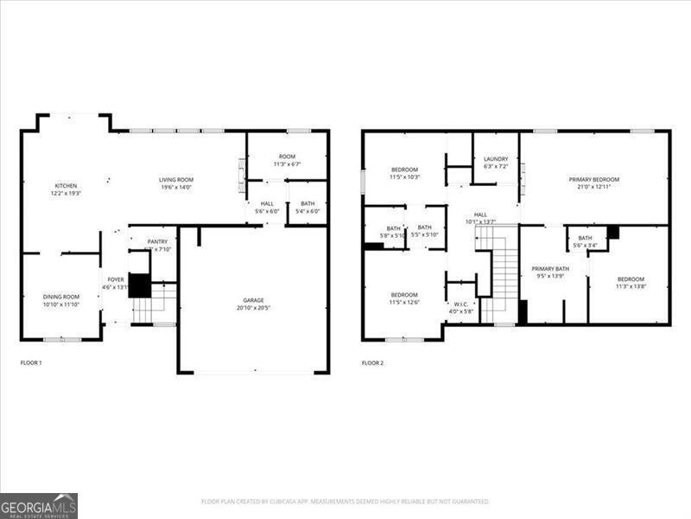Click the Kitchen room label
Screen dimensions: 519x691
(x=67, y=186)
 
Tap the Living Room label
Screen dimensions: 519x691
(x=175, y=180)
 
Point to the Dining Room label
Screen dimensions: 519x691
(x=61, y=297)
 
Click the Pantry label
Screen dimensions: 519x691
(x=157, y=242)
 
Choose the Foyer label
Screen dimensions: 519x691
(x=116, y=279)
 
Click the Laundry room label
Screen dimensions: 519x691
(x=496, y=159)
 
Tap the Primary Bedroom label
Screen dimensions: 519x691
(x=593, y=180)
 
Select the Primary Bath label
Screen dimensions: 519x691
(x=550, y=269)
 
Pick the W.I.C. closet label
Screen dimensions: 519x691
(x=460, y=304)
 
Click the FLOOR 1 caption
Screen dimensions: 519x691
(x=31, y=362)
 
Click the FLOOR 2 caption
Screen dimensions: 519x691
(x=372, y=362)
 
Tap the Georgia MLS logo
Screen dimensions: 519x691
(x=39, y=505)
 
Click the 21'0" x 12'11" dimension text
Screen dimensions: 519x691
(x=593, y=187)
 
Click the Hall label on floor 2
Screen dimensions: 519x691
(x=480, y=215)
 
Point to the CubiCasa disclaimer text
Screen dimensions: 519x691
(x=345, y=501)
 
